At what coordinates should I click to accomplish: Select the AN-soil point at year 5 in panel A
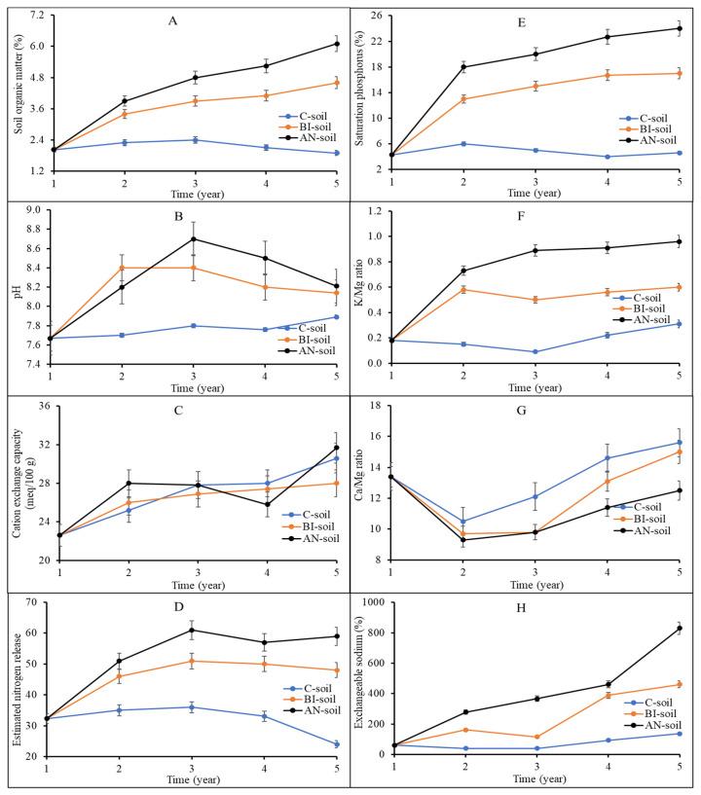(x=336, y=44)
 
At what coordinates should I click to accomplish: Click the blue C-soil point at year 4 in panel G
(x=607, y=457)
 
